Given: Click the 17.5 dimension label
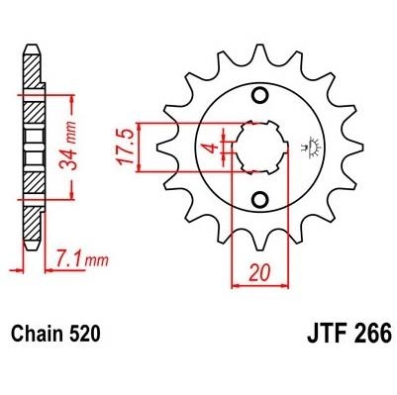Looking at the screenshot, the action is point(126,148).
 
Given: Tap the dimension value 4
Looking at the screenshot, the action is point(214,148).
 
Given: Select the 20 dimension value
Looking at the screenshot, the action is point(259,272).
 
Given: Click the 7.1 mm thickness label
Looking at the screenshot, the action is point(82,258).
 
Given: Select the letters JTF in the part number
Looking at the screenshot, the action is point(327,334).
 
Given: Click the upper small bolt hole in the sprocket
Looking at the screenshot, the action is point(259,96).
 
